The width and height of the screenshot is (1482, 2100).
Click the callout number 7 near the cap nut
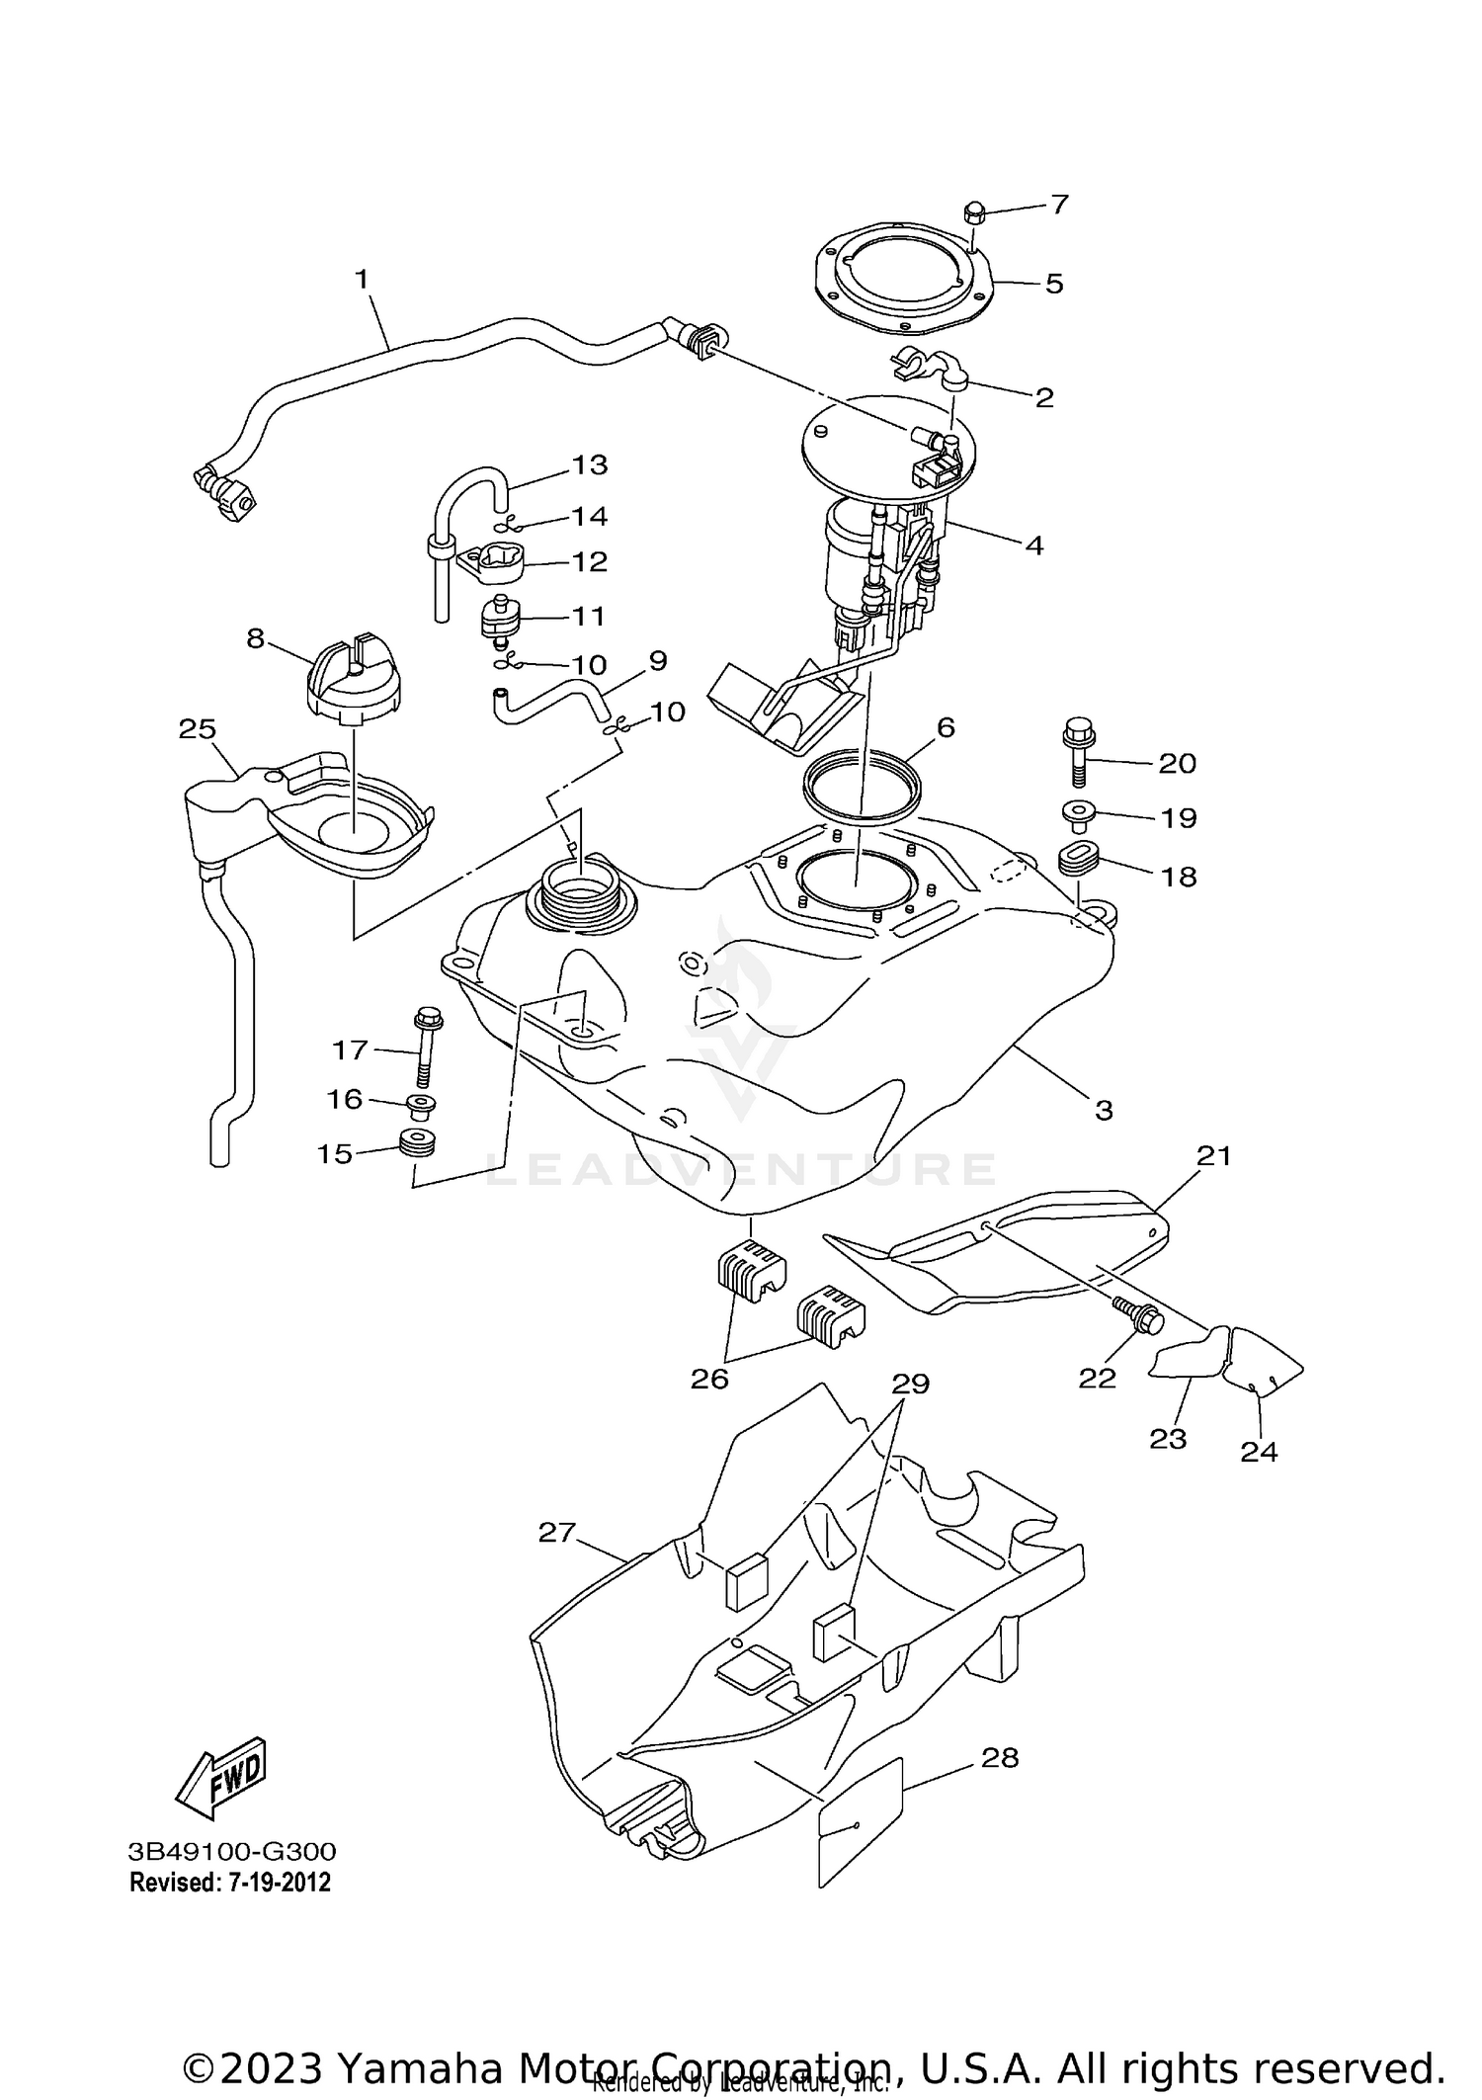point(1059,205)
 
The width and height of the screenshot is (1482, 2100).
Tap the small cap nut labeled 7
point(972,211)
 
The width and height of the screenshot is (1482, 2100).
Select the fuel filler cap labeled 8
point(353,676)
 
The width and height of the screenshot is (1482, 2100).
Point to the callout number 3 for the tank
point(1104,1110)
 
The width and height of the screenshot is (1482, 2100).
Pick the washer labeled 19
point(1077,813)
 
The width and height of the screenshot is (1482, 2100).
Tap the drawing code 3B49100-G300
point(231,1850)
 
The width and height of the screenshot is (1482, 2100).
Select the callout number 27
point(556,1532)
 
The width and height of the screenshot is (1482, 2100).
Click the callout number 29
point(910,1384)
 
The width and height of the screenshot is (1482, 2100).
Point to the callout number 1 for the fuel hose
point(362,280)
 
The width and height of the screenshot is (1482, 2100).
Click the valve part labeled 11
point(501,619)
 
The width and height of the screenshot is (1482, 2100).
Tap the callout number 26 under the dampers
point(709,1379)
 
